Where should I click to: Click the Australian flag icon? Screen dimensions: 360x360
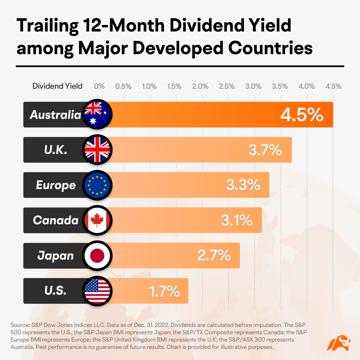click(x=97, y=114)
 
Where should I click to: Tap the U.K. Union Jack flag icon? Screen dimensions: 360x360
click(x=97, y=150)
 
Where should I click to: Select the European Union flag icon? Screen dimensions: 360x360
click(x=97, y=185)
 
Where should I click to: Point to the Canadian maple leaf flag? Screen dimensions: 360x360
click(x=97, y=220)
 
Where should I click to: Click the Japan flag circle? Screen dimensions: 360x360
click(x=97, y=256)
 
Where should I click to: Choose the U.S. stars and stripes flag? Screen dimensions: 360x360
click(x=97, y=291)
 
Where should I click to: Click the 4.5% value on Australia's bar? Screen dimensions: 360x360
click(x=302, y=115)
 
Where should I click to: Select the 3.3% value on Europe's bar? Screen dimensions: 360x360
click(x=243, y=185)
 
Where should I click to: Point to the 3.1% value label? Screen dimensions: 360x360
click(x=236, y=221)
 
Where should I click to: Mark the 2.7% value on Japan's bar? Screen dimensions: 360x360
click(x=214, y=256)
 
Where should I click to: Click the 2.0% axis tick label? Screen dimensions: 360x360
click(x=200, y=86)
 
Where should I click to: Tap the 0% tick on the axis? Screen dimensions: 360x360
click(x=99, y=86)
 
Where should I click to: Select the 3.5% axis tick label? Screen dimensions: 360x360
click(x=280, y=86)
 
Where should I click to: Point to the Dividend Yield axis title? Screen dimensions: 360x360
click(x=57, y=86)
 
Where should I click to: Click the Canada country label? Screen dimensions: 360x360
click(x=56, y=220)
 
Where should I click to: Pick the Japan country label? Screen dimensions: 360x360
click(x=55, y=256)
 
